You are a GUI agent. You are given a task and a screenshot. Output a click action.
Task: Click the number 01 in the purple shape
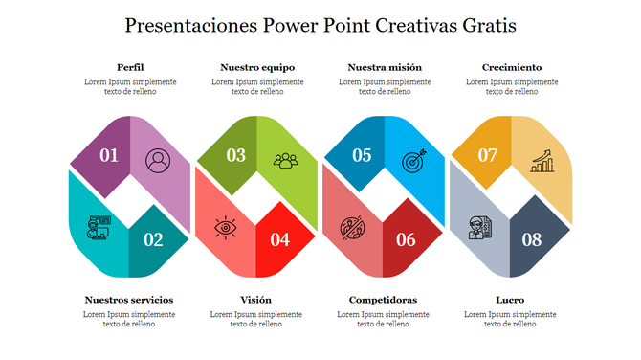[x=109, y=155]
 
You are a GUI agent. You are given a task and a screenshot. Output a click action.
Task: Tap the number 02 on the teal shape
[x=153, y=239]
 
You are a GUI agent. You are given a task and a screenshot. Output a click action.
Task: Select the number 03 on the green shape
[x=235, y=155]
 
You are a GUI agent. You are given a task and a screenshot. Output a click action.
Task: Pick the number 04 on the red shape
[x=279, y=239]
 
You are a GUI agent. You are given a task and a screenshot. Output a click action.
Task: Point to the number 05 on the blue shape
[x=362, y=155]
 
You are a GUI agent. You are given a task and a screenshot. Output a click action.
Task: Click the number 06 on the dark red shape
[x=406, y=239]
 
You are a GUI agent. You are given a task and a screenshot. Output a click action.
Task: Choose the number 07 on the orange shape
[x=488, y=155]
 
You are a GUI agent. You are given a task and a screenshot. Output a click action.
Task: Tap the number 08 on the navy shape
[x=532, y=239]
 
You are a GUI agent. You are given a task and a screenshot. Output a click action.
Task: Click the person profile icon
[x=157, y=159]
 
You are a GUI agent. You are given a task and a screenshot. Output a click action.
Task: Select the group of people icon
[x=285, y=160]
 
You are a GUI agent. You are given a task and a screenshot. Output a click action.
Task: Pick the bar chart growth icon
[x=543, y=159]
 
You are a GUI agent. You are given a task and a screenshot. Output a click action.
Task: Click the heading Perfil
[x=130, y=67]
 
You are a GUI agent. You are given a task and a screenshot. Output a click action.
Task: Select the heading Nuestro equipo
[x=257, y=67]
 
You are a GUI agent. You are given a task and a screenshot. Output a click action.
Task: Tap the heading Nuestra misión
[x=385, y=67]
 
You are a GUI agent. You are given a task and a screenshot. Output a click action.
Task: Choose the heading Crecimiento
[x=512, y=67]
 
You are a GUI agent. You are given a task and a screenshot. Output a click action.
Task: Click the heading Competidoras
[x=384, y=300]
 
